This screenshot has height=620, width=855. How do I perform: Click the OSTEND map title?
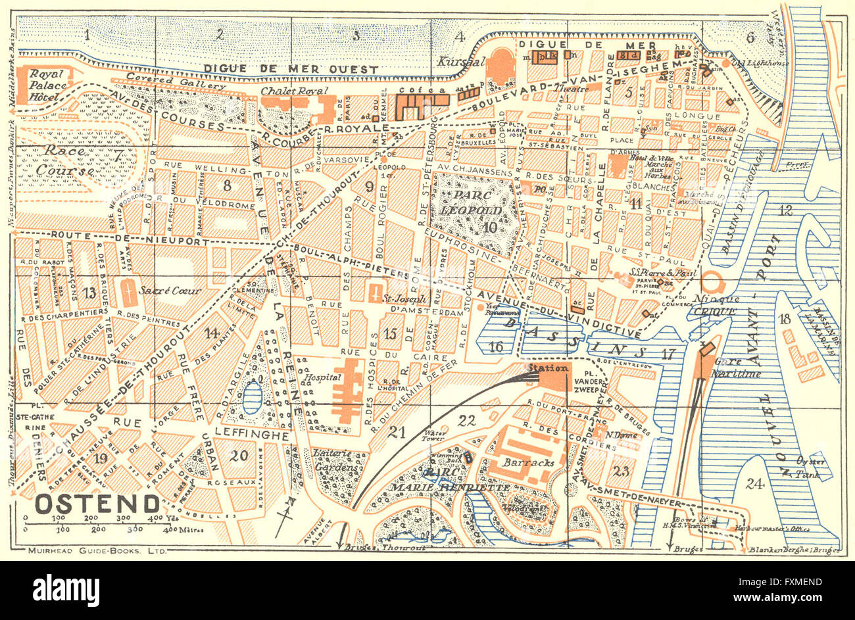(96, 504)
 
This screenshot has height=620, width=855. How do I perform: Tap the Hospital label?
(322, 378)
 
